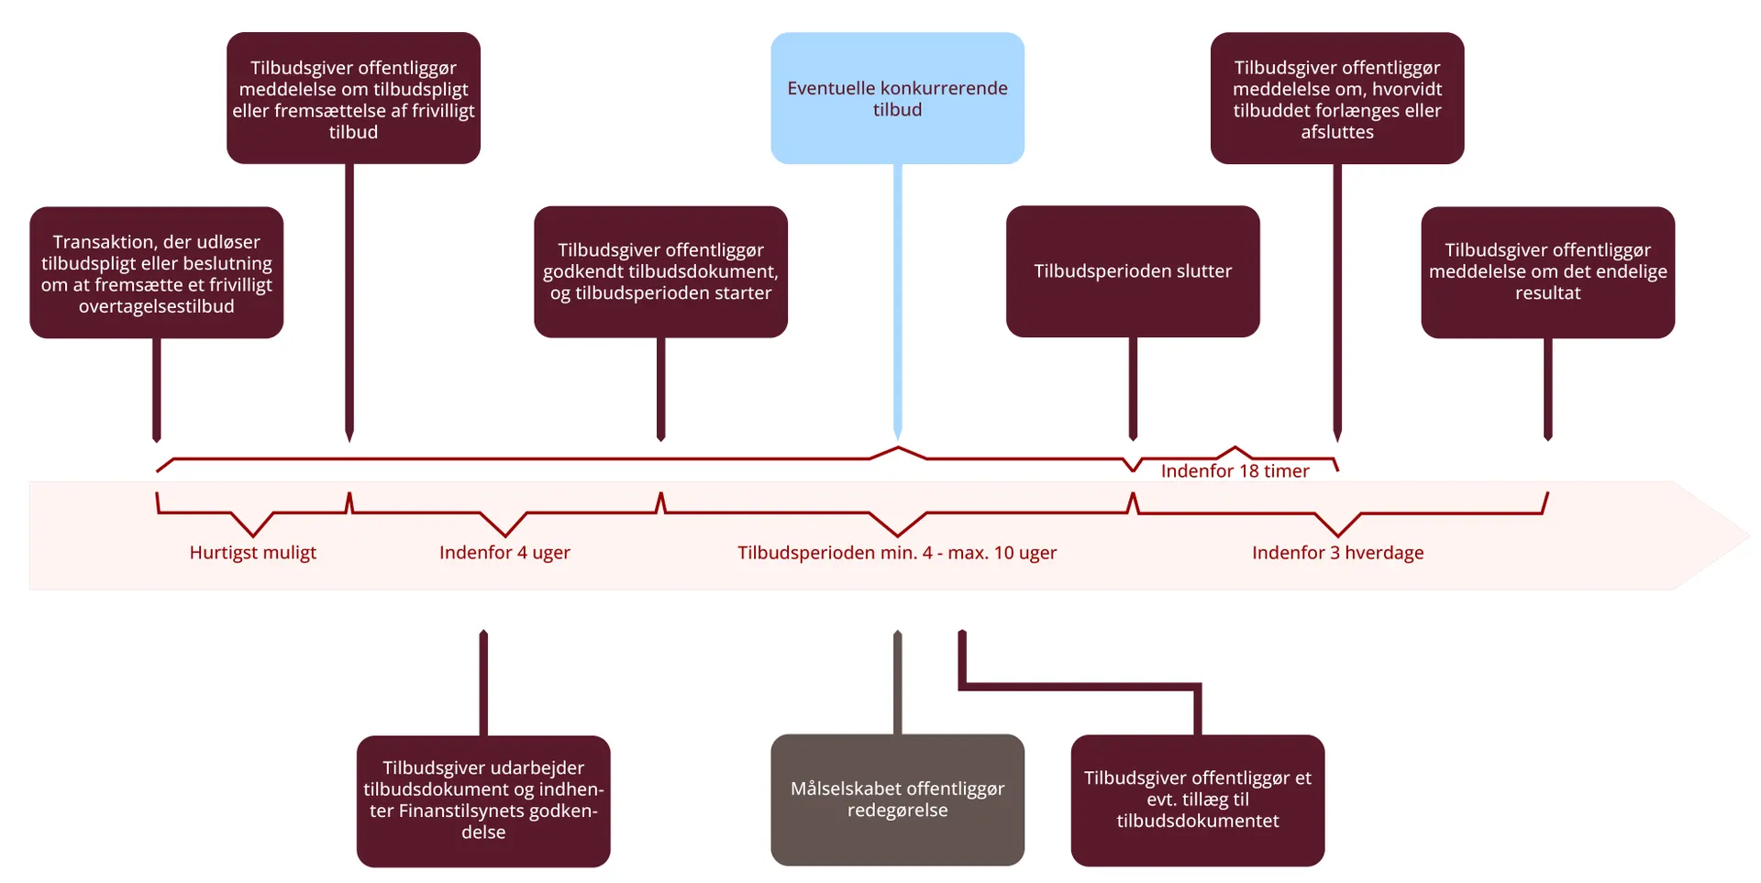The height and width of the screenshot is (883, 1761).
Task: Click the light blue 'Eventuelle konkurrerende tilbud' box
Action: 897,98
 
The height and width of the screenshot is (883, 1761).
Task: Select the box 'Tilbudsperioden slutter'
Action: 1133,271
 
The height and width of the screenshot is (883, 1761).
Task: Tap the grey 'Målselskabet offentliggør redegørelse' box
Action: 897,800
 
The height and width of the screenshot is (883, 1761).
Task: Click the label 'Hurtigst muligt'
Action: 252,553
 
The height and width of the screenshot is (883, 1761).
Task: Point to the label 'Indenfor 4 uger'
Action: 504,553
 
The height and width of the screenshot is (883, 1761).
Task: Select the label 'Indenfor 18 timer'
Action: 1235,471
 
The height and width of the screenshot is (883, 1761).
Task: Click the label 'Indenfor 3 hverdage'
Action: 1337,553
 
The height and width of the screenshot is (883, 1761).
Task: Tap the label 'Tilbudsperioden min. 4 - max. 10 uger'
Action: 897,553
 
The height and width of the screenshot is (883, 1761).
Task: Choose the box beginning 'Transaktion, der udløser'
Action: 156,273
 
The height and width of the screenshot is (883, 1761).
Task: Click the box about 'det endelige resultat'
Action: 1547,271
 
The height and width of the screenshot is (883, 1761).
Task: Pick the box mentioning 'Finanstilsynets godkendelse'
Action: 483,800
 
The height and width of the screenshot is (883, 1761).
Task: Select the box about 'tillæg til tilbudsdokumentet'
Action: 1197,800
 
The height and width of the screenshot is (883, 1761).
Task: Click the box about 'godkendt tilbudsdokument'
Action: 660,271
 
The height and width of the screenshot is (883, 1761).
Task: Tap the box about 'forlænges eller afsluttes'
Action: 1336,98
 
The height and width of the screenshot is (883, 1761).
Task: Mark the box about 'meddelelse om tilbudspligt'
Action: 353,98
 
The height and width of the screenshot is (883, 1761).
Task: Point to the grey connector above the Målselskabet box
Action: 897,683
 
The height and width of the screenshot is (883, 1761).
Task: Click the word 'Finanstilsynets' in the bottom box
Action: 463,811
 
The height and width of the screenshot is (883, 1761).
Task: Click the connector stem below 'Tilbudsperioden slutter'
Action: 1133,385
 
